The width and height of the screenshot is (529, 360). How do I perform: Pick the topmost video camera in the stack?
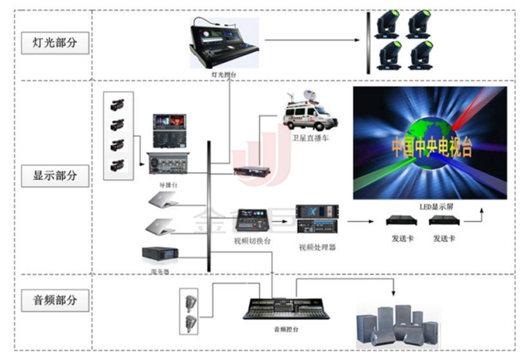[x=118, y=104]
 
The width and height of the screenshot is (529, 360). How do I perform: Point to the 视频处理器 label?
[x=316, y=247]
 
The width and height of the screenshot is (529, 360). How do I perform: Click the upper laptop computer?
[x=161, y=199]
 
